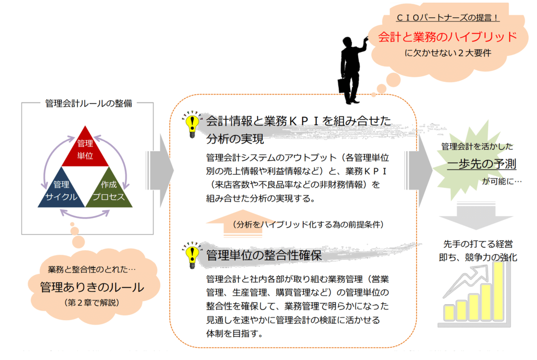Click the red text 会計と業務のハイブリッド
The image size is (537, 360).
pyautogui.click(x=447, y=37)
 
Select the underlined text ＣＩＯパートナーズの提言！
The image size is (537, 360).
pyautogui.click(x=448, y=17)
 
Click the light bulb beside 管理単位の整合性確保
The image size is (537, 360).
pyautogui.click(x=192, y=255)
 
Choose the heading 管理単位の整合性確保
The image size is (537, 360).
pyautogui.click(x=264, y=256)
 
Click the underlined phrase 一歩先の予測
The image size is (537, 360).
pyautogui.click(x=481, y=164)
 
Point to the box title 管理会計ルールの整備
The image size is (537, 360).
pyautogui.click(x=89, y=103)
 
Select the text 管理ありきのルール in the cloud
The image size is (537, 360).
pyautogui.click(x=92, y=287)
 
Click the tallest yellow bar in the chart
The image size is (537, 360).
pyautogui.click(x=498, y=291)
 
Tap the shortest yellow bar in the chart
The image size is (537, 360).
pyautogui.click(x=449, y=313)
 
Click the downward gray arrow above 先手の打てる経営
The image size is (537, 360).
pyautogui.click(x=476, y=216)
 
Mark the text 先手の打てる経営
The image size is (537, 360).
pyautogui.click(x=478, y=244)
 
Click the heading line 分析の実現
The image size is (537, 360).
pyautogui.click(x=235, y=139)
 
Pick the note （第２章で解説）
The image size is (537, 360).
pyautogui.click(x=91, y=303)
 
